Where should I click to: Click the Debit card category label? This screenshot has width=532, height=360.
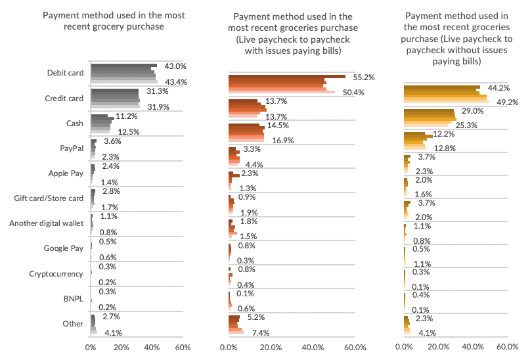(66, 73)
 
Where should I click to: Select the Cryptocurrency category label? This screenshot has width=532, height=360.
(56, 273)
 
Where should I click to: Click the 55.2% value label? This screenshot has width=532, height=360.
(364, 77)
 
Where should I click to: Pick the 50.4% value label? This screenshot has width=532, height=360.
(355, 92)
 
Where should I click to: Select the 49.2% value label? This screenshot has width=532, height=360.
(508, 102)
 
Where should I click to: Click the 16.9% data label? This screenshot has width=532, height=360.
(283, 139)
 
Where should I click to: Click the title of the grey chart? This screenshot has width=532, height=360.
(114, 20)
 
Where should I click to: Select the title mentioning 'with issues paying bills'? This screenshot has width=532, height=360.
(292, 33)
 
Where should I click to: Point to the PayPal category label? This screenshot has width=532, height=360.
(73, 148)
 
